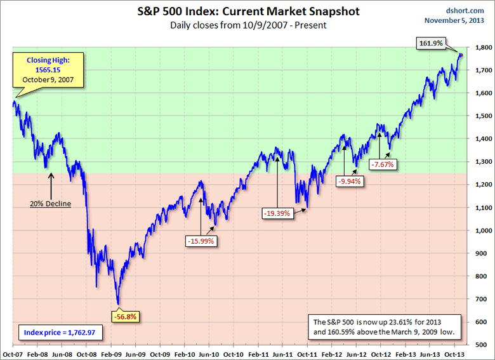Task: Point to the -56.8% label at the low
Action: coord(124,316)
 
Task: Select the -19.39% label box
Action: coord(277,213)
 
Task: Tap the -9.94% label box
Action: coord(351,181)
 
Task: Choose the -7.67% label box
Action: coord(382,164)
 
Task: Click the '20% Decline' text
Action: coord(51,204)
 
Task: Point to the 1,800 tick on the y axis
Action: coord(482,48)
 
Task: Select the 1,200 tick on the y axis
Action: coord(482,185)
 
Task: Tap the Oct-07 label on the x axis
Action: coord(13,353)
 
